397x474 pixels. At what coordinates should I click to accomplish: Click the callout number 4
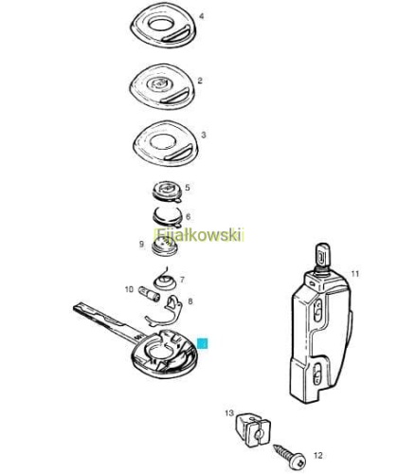click(201, 16)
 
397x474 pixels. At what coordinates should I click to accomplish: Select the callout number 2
click(200, 81)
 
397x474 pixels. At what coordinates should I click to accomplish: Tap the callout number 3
click(204, 135)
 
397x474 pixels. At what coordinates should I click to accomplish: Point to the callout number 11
click(355, 274)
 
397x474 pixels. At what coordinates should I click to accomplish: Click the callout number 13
click(229, 413)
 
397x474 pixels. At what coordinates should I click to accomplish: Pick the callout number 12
click(318, 455)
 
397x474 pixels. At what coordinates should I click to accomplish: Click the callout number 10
click(129, 289)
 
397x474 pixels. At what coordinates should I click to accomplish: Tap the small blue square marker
click(202, 343)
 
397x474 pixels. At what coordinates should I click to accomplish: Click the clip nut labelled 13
click(253, 429)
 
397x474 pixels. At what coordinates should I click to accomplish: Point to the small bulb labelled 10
click(150, 294)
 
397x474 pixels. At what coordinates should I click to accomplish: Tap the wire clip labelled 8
click(164, 313)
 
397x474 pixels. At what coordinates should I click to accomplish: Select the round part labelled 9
click(164, 247)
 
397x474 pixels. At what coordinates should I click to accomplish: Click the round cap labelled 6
click(168, 217)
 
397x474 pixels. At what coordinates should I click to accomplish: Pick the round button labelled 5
click(167, 191)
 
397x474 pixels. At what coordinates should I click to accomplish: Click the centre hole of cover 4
click(161, 24)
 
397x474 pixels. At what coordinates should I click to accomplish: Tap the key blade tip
click(75, 307)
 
